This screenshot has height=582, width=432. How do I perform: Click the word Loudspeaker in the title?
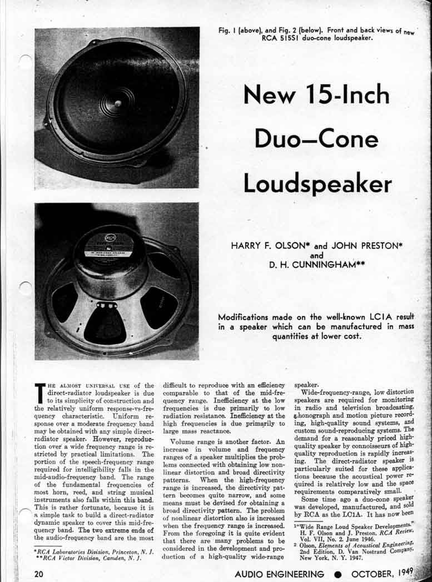point(317,183)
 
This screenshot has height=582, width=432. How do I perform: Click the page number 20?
point(38,573)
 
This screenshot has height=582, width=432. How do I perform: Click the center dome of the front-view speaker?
point(118,103)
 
